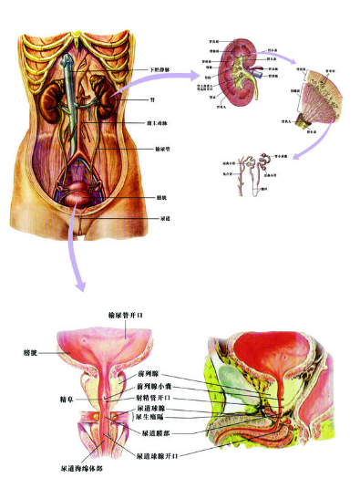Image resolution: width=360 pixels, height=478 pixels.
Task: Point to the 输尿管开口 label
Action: (x=123, y=316)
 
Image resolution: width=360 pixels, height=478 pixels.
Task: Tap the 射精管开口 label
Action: (x=153, y=398)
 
